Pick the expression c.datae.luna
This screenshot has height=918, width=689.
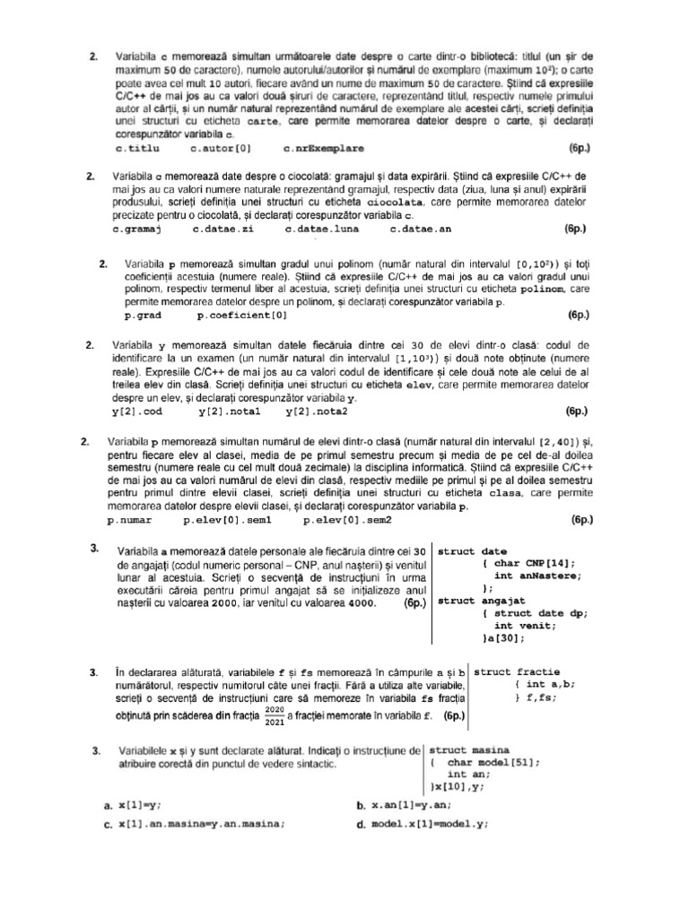(321, 230)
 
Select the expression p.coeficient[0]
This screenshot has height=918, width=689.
(241, 316)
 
